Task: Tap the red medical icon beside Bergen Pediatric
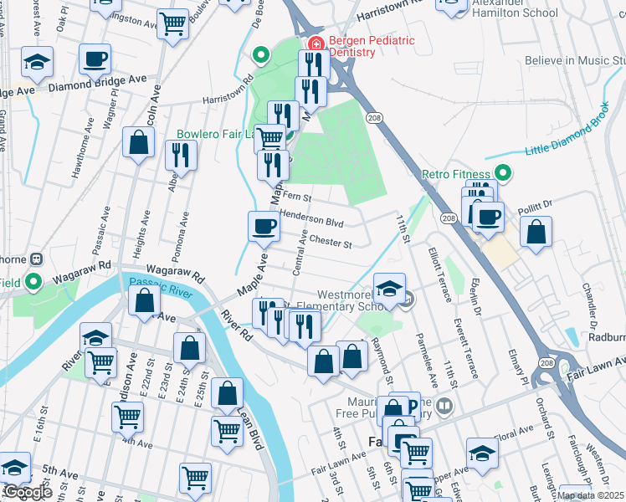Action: (x=316, y=43)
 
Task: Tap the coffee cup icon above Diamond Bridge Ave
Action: (x=95, y=59)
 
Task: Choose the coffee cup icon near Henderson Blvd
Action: (x=264, y=225)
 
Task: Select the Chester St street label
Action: (x=329, y=241)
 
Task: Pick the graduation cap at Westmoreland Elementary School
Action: (x=388, y=289)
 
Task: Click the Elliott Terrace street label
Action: (x=439, y=274)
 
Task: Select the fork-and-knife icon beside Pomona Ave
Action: (x=180, y=155)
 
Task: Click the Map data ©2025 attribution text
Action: (x=590, y=495)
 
